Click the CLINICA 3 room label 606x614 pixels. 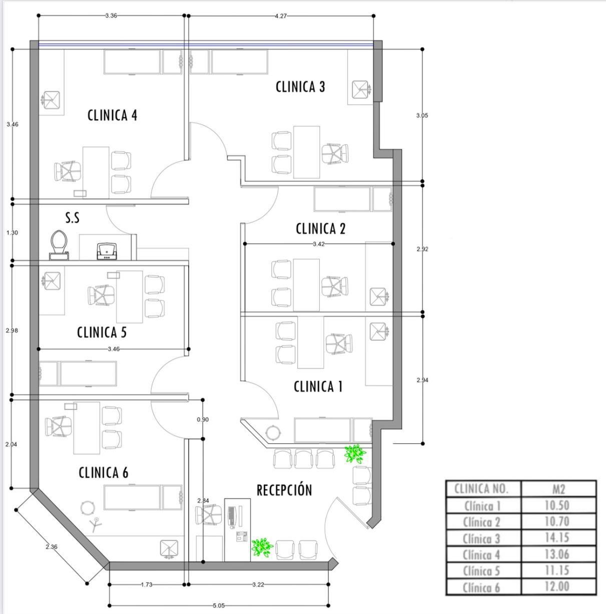click(300, 87)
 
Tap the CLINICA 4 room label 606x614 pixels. click(112, 116)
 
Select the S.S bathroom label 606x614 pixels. click(73, 218)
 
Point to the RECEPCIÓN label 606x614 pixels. click(284, 490)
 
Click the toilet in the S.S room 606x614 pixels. click(59, 245)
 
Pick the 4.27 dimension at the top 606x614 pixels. click(281, 16)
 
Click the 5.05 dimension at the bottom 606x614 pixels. click(219, 605)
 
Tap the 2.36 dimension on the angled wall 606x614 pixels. click(52, 547)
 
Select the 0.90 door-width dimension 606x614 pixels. click(203, 419)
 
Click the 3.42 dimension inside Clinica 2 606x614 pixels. click(319, 244)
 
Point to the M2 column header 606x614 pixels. click(558, 489)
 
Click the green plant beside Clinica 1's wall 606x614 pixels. click(354, 454)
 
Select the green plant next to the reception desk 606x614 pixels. click(262, 547)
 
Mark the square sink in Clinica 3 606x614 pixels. click(360, 89)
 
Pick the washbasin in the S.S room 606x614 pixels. click(107, 251)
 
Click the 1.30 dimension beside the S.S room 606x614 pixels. click(12, 233)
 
